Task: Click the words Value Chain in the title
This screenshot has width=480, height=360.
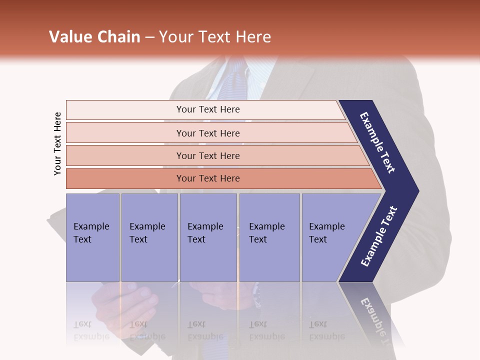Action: point(94,37)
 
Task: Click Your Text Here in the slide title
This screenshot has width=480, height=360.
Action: point(215,37)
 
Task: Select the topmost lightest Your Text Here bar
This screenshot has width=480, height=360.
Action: point(207,109)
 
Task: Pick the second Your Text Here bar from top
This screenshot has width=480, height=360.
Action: point(207,133)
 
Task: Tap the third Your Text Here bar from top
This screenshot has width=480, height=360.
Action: point(207,155)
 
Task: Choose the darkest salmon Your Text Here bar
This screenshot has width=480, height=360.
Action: point(207,178)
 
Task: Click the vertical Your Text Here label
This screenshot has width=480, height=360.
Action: point(57,143)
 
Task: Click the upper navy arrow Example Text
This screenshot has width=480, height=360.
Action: point(377,142)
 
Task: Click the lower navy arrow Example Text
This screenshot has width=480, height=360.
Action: point(379,236)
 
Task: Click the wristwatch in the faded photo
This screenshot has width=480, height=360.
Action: point(257,295)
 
